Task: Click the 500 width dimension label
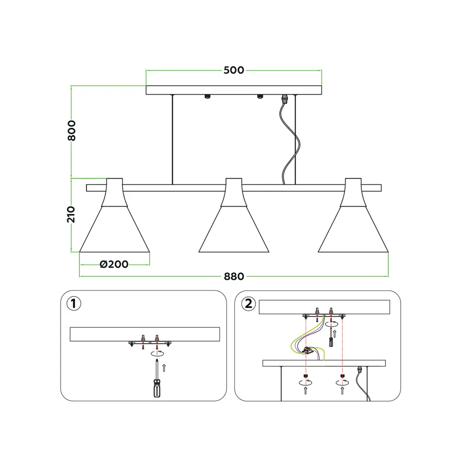(x=234, y=70)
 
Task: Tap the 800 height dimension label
(x=72, y=130)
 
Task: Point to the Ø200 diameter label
(x=114, y=264)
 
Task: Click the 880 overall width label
(x=234, y=276)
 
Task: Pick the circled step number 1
(x=73, y=303)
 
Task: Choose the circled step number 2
(x=248, y=303)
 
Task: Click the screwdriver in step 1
(x=157, y=379)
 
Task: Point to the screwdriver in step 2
(x=331, y=337)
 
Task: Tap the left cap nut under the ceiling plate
(x=207, y=96)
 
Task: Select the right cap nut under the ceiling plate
(x=259, y=96)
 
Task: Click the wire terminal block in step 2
(x=307, y=350)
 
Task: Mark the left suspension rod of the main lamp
(x=173, y=140)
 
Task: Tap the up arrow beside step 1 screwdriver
(x=164, y=368)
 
